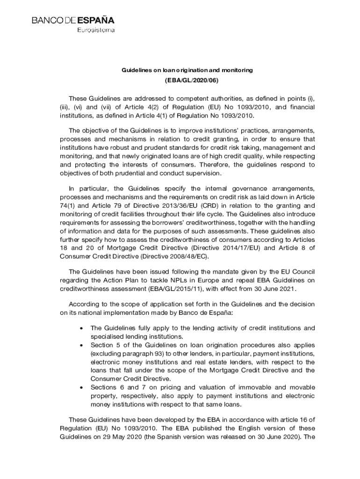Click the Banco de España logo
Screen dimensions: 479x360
pos(73,21)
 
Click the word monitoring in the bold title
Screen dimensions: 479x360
pos(237,70)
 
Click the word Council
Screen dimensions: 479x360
pos(303,271)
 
